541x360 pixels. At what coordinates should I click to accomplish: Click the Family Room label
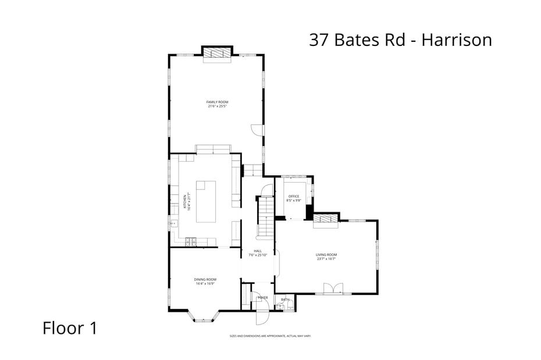click(x=217, y=102)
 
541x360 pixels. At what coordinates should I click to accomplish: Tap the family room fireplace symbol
click(x=217, y=53)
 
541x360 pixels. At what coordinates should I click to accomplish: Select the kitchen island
click(x=205, y=201)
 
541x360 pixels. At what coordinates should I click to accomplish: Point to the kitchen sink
click(x=173, y=223)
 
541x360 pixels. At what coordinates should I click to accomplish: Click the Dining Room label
click(x=205, y=280)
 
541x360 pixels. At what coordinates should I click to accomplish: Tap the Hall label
click(x=258, y=251)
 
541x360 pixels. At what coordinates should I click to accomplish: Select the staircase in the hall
click(x=265, y=216)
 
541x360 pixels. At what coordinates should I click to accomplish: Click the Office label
click(x=294, y=197)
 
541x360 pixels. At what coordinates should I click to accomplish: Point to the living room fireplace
click(x=326, y=219)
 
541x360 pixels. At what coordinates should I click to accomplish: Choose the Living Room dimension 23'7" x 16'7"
click(x=326, y=259)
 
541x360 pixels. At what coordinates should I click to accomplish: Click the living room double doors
click(x=333, y=288)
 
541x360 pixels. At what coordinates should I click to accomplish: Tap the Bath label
click(x=285, y=300)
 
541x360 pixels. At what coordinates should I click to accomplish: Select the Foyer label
click(x=263, y=298)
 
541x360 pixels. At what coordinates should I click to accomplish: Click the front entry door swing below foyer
click(x=262, y=317)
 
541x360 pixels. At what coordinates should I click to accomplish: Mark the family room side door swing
click(x=257, y=130)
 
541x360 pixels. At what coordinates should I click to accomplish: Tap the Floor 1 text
click(x=70, y=328)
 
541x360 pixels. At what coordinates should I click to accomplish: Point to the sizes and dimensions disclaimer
click(x=270, y=336)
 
